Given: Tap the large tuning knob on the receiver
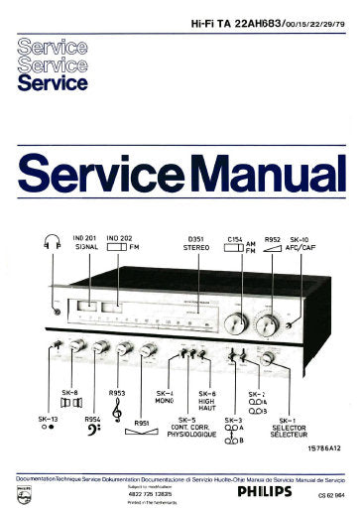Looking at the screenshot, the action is [x=237, y=322].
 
